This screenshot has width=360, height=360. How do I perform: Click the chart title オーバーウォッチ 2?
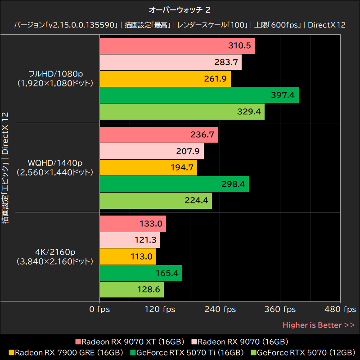(x=180, y=9)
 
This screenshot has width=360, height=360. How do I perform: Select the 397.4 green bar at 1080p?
(x=198, y=95)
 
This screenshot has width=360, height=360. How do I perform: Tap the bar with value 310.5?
(x=177, y=46)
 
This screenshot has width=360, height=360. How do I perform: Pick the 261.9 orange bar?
(x=165, y=79)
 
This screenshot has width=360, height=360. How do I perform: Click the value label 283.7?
(x=227, y=63)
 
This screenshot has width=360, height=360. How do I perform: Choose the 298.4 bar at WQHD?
(x=174, y=184)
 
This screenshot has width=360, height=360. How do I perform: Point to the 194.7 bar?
(x=148, y=167)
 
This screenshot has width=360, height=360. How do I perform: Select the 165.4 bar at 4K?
(x=140, y=273)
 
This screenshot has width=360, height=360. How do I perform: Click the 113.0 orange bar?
(x=127, y=256)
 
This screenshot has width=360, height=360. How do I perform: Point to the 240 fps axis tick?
(x=220, y=309)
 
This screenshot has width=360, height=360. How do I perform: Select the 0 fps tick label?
(x=99, y=309)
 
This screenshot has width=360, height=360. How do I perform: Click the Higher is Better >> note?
(x=319, y=325)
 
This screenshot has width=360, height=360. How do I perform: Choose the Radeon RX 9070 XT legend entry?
(x=130, y=342)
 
